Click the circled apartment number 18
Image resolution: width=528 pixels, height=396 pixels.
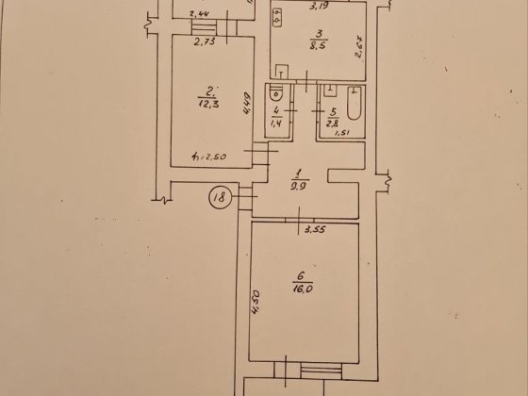tap(219, 198)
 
